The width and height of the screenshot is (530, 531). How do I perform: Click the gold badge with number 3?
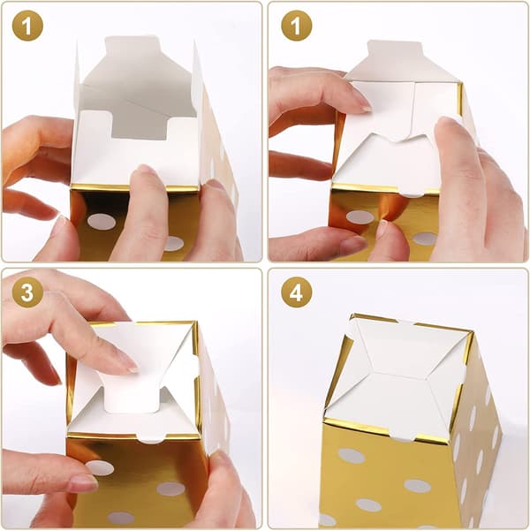(27, 292)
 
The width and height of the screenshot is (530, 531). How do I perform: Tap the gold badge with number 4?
(296, 292)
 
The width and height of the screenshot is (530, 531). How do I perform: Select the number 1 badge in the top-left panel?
(27, 26)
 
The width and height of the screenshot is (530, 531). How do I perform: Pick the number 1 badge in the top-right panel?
(296, 26)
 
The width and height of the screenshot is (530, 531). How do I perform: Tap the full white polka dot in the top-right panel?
(360, 216)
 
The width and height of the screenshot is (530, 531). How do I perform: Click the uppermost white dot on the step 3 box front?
(100, 467)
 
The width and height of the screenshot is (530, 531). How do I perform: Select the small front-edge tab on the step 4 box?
(402, 436)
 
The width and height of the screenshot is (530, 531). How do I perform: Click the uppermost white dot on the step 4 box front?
(352, 456)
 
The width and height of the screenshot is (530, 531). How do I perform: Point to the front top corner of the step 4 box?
(325, 420)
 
